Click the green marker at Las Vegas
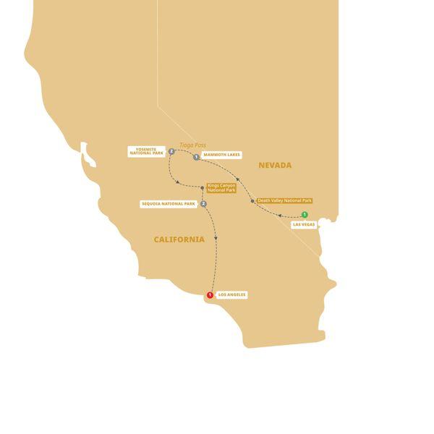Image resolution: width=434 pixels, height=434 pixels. [305, 214]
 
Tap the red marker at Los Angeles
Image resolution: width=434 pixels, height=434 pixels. [210, 295]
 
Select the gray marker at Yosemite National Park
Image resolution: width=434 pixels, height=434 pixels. [171, 152]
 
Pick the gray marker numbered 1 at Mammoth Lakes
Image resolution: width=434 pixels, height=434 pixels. [196, 156]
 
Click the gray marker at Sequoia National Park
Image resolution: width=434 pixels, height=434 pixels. [204, 204]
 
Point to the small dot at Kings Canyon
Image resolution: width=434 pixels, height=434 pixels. [202, 188]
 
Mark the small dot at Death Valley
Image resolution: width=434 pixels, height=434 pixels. [252, 200]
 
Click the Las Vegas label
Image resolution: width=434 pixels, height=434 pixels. [303, 225]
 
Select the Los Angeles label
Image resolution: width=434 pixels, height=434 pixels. [232, 295]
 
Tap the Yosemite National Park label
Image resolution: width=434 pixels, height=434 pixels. [147, 152]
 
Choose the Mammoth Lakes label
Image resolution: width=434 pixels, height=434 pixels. [222, 155]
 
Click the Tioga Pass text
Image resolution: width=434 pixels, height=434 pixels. [193, 145]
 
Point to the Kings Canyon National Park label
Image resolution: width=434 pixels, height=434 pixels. [221, 188]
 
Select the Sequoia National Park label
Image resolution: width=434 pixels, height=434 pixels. [169, 204]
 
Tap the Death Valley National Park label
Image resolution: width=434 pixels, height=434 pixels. [285, 200]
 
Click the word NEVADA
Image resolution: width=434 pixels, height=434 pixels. [275, 166]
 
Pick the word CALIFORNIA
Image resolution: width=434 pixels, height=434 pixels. [179, 239]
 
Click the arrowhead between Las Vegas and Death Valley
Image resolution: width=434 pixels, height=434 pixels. [279, 214]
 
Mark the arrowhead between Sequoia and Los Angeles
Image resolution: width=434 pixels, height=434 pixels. [216, 239]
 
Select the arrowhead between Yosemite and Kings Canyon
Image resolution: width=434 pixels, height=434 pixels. [177, 182]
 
